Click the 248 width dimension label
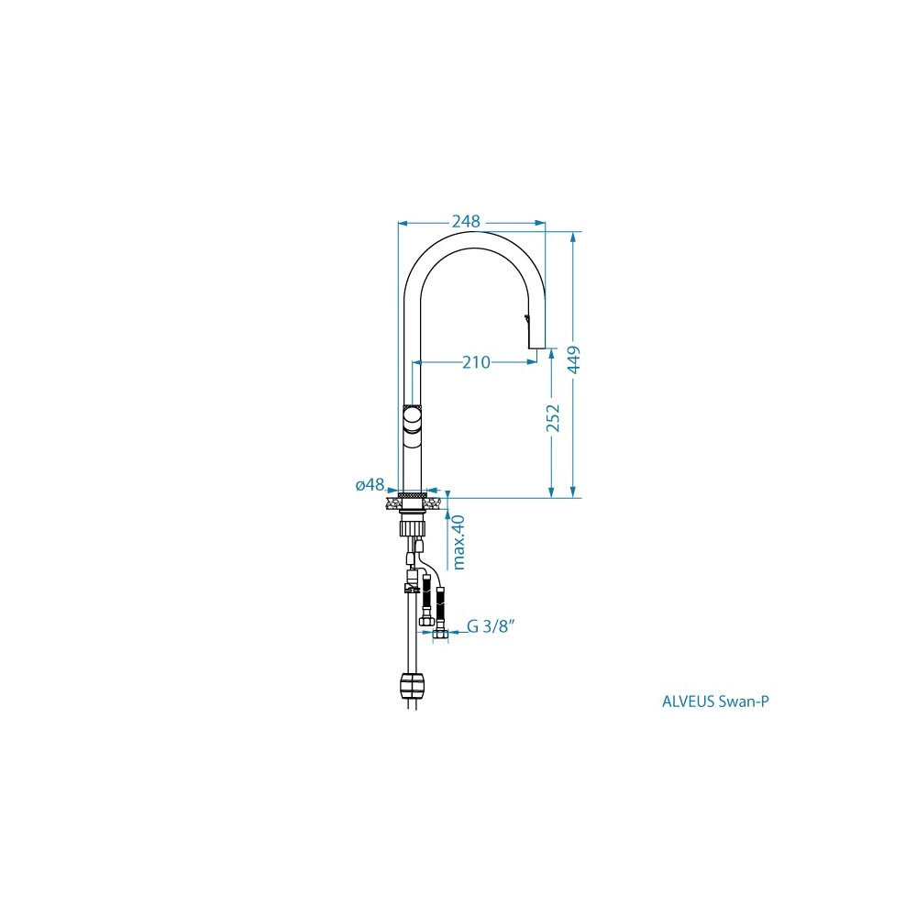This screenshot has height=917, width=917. click(x=466, y=222)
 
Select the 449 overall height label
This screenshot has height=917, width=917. click(x=574, y=359)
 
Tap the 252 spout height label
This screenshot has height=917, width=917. click(x=553, y=418)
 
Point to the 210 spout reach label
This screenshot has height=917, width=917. click(x=476, y=362)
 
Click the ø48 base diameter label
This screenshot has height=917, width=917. click(x=370, y=484)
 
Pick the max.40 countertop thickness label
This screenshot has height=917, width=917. click(x=458, y=542)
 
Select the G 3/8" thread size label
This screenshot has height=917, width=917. click(x=491, y=626)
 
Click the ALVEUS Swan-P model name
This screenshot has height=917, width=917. click(x=715, y=702)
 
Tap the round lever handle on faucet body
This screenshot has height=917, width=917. click(x=412, y=418)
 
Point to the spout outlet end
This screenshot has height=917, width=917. click(x=536, y=348)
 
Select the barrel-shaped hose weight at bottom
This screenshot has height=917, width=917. click(x=413, y=685)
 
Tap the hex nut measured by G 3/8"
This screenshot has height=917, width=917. click(x=441, y=634)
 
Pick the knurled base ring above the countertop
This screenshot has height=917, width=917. click(x=413, y=495)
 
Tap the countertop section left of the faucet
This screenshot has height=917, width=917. click(x=392, y=503)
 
